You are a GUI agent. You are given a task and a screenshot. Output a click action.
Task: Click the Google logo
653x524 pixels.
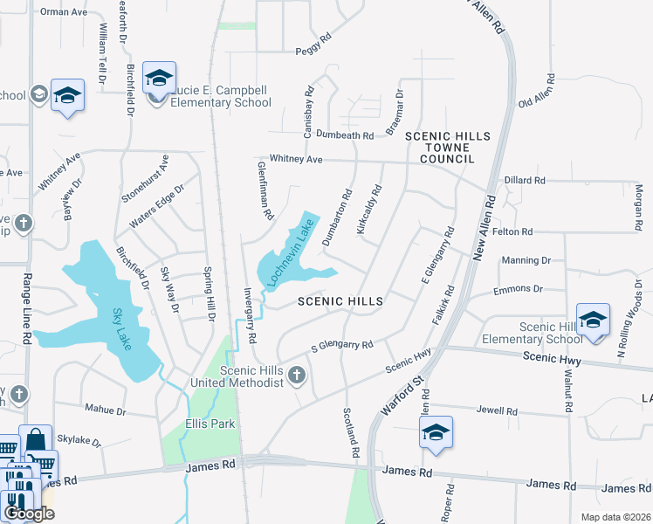(x=29, y=514)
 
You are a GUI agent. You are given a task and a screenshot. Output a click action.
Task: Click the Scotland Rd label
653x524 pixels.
(x=351, y=433)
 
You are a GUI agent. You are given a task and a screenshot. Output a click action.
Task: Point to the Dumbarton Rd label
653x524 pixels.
(x=338, y=216)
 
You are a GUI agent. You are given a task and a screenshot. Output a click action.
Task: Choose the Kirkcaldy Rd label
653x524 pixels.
(x=370, y=209)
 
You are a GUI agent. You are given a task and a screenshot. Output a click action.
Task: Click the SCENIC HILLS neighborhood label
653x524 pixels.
(x=340, y=301)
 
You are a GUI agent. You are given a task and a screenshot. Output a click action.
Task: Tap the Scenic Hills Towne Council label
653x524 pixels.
(x=448, y=148)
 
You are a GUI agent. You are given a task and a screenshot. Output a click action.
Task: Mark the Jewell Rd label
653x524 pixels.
(x=498, y=410)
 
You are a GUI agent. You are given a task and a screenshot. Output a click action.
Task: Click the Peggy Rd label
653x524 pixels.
(x=314, y=39)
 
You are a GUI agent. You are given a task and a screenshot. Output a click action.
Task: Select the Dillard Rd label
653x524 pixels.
(x=525, y=181)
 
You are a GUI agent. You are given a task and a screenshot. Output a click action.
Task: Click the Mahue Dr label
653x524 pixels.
(x=106, y=410)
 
